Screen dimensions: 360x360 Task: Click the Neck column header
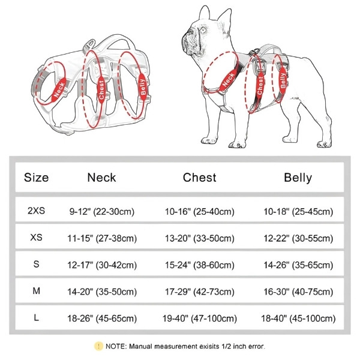(101, 178)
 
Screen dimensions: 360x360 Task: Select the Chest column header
(200, 178)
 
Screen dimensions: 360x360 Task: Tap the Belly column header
(298, 178)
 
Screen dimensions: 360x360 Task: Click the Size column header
(36, 178)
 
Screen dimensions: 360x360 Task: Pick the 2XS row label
(36, 211)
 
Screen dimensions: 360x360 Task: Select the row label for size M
(36, 291)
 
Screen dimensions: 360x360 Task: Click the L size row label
(36, 318)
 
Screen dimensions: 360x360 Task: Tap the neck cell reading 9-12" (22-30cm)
(102, 211)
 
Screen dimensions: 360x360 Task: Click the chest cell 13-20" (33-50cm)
(200, 238)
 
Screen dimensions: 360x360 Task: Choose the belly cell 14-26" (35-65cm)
(298, 265)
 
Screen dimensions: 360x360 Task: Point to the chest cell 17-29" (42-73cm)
(200, 292)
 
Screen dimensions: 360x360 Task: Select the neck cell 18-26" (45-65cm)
(102, 319)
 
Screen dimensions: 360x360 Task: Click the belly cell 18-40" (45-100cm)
(298, 319)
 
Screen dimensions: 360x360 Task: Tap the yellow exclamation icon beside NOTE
(98, 346)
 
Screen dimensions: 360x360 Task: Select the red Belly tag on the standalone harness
(143, 87)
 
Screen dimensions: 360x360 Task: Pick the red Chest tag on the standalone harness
(101, 89)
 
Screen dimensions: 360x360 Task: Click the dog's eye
(203, 29)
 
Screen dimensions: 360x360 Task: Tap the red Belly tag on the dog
(283, 80)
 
